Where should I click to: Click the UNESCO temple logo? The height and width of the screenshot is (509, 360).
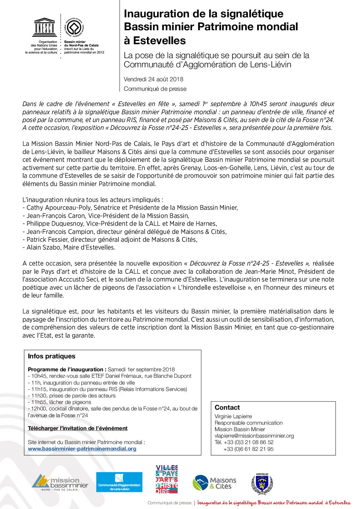point(44,27)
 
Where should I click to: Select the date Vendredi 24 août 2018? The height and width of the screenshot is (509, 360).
point(153,79)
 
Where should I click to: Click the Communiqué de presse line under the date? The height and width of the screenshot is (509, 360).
point(155,89)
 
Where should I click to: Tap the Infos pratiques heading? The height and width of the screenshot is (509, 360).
point(52,356)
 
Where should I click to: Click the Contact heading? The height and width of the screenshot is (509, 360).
point(227,407)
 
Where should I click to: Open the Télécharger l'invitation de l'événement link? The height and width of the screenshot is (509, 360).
point(78,428)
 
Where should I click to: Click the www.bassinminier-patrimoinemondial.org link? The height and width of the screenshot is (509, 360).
point(82,448)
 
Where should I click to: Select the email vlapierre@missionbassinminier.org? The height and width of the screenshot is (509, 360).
point(254,436)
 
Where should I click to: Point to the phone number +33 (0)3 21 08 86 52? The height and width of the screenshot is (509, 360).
point(248,442)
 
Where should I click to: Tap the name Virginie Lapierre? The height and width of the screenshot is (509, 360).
point(233,416)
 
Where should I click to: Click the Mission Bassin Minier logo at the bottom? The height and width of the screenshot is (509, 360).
point(60,482)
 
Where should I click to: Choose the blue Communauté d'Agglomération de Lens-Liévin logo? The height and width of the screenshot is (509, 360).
point(119,482)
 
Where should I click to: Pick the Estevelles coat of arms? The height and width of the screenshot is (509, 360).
point(262,483)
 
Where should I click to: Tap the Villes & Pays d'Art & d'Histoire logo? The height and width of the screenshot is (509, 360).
point(167,479)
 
